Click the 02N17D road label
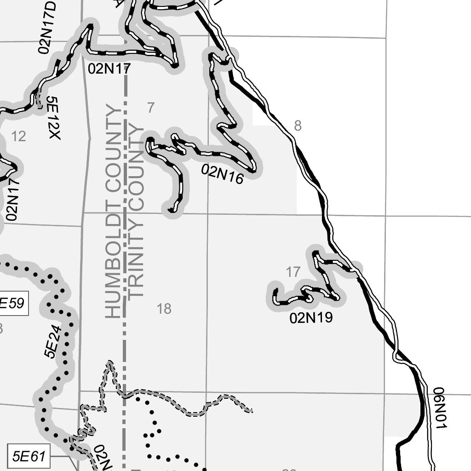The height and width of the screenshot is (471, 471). (x=48, y=28)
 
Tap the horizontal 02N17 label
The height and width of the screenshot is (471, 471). (x=109, y=69)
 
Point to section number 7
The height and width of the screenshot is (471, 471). (x=151, y=108)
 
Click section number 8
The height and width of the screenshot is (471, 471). (x=298, y=125)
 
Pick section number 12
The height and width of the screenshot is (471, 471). (x=18, y=136)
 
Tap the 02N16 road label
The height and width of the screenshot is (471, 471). (x=223, y=174)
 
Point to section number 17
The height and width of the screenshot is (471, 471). (x=293, y=272)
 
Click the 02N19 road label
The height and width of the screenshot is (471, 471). (x=311, y=318)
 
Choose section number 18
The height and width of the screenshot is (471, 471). (x=164, y=309)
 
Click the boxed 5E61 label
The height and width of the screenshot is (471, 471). (x=29, y=457)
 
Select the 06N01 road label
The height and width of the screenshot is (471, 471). (x=439, y=408)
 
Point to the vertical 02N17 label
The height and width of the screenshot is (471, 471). (x=12, y=198)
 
